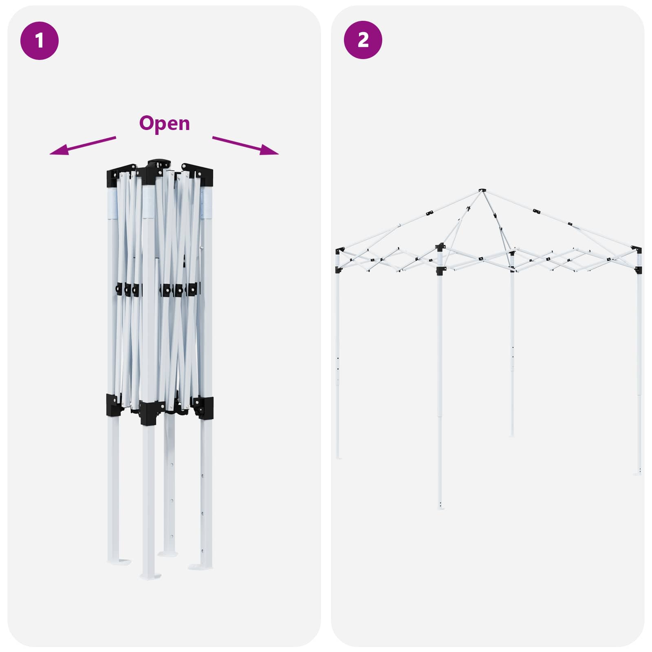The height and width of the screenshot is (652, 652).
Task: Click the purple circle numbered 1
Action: (40, 41)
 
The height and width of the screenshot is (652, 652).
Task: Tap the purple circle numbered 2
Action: (363, 40)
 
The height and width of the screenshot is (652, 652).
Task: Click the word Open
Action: (165, 123)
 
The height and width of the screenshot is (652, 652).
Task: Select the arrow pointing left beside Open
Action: (83, 146)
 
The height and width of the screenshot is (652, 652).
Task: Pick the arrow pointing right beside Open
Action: (245, 146)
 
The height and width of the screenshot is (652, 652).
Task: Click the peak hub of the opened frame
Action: (482, 190)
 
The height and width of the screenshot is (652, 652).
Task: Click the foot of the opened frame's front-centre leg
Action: (441, 508)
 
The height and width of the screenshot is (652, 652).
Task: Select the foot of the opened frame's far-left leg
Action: (338, 458)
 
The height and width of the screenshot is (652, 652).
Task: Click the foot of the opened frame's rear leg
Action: (512, 435)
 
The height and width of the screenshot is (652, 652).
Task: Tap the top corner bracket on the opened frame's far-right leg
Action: (637, 249)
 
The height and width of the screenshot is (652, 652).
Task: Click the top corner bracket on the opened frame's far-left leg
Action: (339, 251)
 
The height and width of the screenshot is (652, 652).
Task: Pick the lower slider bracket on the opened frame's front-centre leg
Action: (440, 271)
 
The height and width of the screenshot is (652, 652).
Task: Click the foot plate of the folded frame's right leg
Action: (200, 566)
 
